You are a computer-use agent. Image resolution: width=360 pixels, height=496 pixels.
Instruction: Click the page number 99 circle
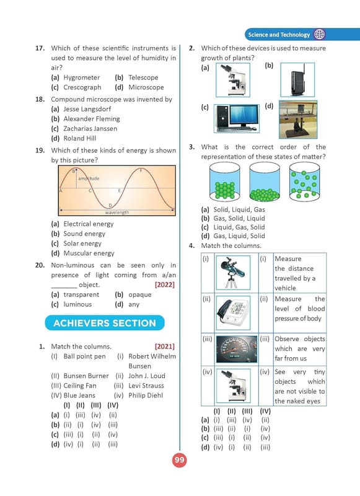(x=179, y=460)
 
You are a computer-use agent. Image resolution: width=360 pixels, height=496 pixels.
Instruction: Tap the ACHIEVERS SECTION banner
(x=105, y=323)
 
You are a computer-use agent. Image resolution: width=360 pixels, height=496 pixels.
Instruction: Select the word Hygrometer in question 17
(x=82, y=77)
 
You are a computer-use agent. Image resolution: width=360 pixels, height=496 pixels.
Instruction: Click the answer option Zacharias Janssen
(x=90, y=129)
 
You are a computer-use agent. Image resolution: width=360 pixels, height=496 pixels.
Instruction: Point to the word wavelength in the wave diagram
(x=117, y=212)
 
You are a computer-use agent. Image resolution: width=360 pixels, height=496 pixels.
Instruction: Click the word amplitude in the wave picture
(x=89, y=179)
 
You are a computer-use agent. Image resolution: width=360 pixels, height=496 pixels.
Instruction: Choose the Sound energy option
(x=84, y=234)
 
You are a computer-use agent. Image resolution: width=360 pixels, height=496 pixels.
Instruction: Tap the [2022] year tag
(x=165, y=285)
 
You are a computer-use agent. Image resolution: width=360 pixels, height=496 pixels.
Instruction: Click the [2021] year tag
(x=165, y=347)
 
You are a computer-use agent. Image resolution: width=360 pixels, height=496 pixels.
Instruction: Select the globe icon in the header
(x=319, y=34)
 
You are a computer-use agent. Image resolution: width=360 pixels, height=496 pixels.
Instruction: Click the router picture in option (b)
(x=297, y=80)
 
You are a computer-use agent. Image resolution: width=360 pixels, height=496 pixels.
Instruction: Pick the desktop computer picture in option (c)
(x=237, y=118)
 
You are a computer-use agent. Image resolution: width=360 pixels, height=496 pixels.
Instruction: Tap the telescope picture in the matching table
(x=233, y=273)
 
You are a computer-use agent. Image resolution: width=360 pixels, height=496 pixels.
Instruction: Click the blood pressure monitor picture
(x=233, y=312)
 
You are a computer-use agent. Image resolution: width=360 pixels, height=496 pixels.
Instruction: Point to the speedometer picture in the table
(x=237, y=349)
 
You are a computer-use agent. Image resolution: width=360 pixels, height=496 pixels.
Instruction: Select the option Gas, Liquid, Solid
(x=239, y=236)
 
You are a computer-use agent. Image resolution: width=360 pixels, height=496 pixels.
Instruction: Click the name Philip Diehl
(x=146, y=396)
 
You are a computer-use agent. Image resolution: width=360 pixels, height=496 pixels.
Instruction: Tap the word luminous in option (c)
(x=77, y=304)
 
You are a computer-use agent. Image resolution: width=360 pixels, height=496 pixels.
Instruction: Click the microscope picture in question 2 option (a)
(x=233, y=80)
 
